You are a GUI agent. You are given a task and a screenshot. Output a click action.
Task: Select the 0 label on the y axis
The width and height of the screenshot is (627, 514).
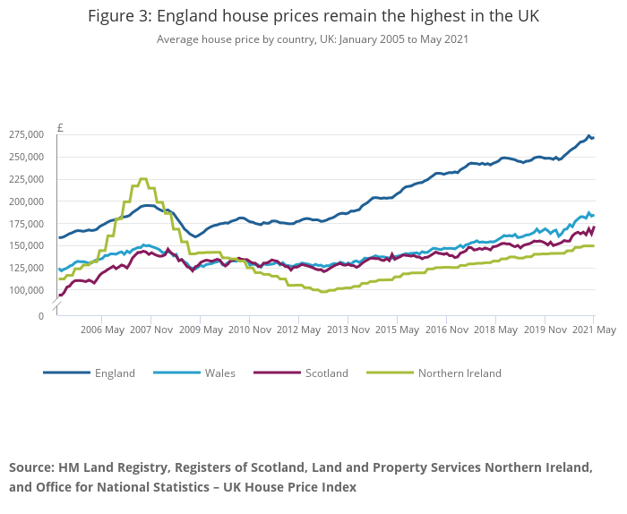coord(40,316)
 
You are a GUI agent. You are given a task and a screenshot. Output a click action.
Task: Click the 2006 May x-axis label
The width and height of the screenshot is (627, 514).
coord(101,330)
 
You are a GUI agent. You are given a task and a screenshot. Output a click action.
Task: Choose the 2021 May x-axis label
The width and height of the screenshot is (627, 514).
coord(594,330)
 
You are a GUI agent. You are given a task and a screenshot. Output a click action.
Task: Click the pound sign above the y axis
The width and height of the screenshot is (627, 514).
coord(60,127)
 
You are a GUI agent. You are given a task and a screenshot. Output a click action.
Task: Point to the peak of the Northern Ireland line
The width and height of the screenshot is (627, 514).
coord(143,179)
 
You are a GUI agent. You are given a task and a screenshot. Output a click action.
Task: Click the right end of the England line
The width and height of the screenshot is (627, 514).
coord(593,138)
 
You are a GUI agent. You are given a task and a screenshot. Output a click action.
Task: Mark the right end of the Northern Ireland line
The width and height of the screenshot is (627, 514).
coord(593,245)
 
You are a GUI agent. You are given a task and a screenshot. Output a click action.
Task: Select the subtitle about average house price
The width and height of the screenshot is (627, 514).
coord(313,39)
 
